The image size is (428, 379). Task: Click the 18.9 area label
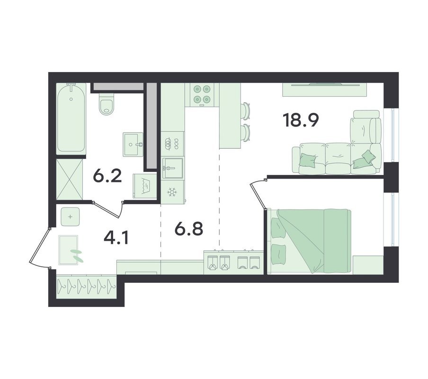(x=301, y=120)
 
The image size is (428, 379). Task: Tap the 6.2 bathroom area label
(x=107, y=176)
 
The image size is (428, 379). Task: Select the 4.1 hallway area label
(x=116, y=237)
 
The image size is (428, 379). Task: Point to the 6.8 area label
(x=189, y=228)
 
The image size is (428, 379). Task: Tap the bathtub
(x=71, y=117)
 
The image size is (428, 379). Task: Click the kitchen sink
(x=172, y=168)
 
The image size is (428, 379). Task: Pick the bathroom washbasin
(x=133, y=144)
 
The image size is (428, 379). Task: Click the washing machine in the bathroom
(x=145, y=186)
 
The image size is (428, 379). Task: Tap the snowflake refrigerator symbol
(x=172, y=192)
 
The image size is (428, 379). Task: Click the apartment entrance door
(x=40, y=247)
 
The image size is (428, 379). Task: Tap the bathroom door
(x=108, y=209)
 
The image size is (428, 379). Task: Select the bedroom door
(x=258, y=194)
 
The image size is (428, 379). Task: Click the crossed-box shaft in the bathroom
(x=70, y=180)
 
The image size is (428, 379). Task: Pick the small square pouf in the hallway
(x=70, y=217)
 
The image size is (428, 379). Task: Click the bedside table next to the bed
(x=368, y=265)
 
